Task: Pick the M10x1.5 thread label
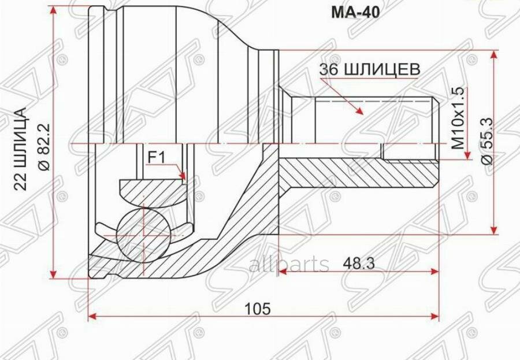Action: coord(458,119)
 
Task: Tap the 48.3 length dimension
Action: coord(358,263)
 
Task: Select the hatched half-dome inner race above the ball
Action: coord(151,189)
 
